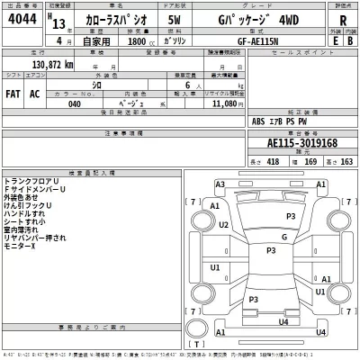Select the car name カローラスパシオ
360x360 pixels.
pyautogui.click(x=105, y=22)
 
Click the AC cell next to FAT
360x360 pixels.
pyautogui.click(x=34, y=93)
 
